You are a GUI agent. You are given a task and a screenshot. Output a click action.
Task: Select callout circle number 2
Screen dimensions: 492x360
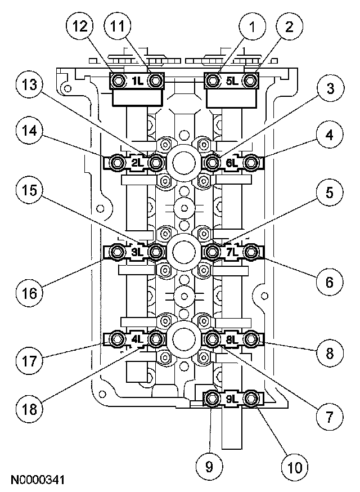click(x=289, y=26)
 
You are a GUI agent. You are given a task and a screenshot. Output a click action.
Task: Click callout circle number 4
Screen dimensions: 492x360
click(x=328, y=135)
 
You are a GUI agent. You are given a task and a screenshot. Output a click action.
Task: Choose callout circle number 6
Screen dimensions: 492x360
click(x=328, y=283)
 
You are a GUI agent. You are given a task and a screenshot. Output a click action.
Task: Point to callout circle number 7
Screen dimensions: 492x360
click(x=328, y=417)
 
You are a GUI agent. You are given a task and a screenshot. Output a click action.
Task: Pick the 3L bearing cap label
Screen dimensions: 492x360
click(x=137, y=252)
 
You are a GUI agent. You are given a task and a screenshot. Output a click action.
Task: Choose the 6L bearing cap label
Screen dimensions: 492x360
click(x=232, y=164)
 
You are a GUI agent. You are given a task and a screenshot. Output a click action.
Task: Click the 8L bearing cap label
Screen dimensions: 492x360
click(x=232, y=339)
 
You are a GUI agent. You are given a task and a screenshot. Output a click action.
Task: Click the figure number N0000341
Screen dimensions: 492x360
click(x=37, y=480)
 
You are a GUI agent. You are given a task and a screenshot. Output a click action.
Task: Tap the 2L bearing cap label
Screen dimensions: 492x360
click(x=137, y=164)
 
